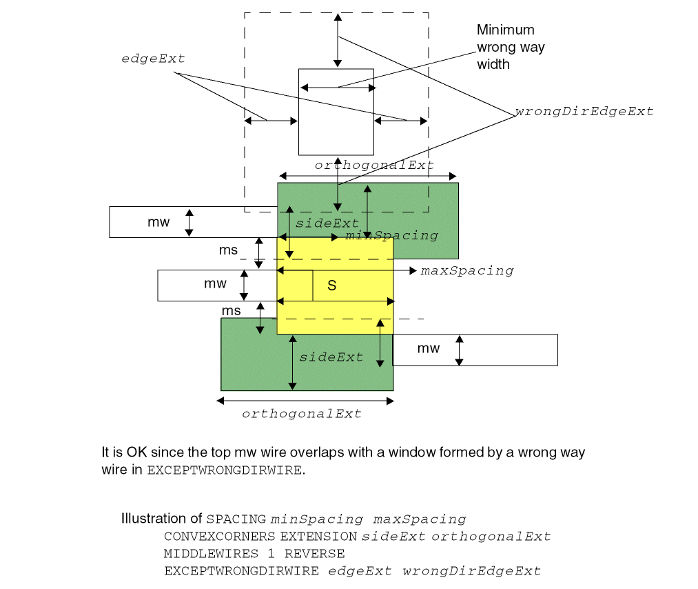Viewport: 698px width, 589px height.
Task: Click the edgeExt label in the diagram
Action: point(153,59)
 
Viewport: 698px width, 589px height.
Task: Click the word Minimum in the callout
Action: point(505,30)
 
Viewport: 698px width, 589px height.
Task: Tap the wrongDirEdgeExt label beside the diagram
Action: point(584,111)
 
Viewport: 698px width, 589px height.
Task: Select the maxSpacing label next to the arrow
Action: point(467,270)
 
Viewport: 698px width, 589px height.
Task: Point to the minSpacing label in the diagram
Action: point(391,236)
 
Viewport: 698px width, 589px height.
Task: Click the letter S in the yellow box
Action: point(331,286)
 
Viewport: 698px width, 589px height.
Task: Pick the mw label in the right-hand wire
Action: point(428,349)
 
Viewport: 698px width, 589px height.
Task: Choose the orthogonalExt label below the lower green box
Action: point(301,414)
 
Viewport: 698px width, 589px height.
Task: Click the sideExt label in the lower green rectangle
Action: point(331,357)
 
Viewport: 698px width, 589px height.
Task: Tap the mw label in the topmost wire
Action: point(158,222)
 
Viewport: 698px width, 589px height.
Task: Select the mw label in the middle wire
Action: point(215,284)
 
